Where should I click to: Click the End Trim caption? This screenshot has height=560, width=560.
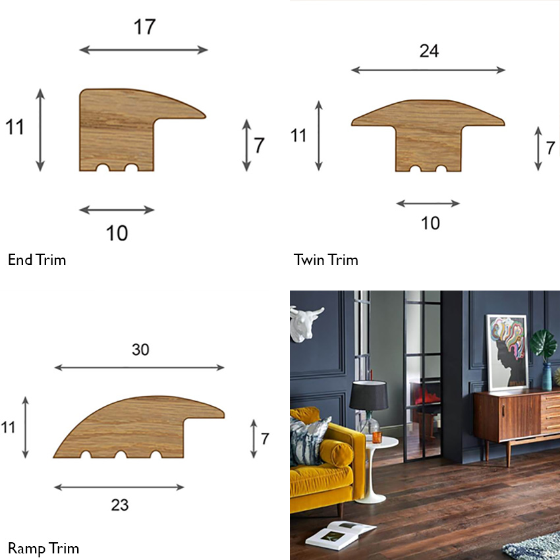tap(37, 260)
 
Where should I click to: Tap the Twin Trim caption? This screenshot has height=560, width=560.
tap(326, 260)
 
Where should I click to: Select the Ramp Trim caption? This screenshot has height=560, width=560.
tap(43, 548)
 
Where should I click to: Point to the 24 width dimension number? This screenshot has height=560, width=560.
tap(428, 51)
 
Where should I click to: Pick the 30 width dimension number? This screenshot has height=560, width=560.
tap(140, 350)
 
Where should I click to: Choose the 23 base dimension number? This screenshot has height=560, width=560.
tap(119, 505)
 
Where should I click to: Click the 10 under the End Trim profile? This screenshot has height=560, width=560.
tap(117, 233)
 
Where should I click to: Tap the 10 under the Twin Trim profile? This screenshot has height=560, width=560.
tap(430, 223)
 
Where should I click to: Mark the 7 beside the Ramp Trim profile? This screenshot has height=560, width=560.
tap(265, 438)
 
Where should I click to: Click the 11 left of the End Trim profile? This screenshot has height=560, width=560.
tap(14, 126)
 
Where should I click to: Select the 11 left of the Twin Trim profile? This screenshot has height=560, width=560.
tap(299, 136)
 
